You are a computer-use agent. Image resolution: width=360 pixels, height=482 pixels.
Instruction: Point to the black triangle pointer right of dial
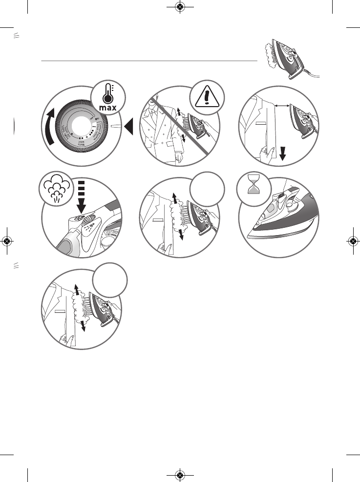tap(128, 128)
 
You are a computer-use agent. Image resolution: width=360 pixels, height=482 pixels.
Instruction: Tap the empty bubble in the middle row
tap(208, 188)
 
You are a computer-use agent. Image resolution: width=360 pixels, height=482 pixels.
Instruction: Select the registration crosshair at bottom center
tap(180, 475)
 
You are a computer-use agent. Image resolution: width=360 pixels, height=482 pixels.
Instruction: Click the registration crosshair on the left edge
tap(7, 241)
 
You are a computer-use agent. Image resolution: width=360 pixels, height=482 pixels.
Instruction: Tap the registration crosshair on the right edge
tap(353, 241)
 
